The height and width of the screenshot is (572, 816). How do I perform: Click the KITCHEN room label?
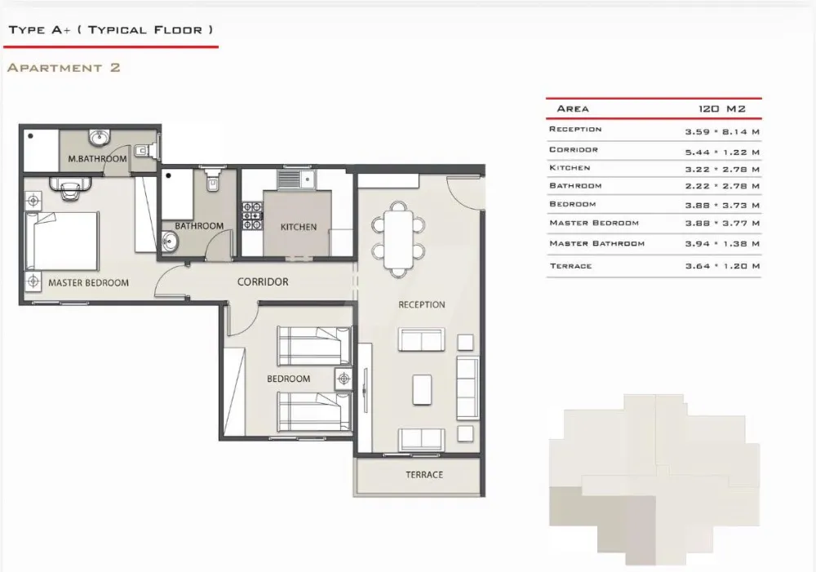(298, 227)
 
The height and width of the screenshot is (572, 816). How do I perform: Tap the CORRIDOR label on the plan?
(263, 282)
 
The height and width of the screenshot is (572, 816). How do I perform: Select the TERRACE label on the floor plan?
(424, 475)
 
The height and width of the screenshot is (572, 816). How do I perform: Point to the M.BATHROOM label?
(97, 159)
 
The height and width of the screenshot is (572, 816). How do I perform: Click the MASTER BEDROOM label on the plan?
(88, 283)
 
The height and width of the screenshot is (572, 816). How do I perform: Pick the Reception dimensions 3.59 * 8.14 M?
(722, 132)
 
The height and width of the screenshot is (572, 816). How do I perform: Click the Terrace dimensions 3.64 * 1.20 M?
(722, 266)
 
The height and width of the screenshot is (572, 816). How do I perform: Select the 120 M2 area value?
(722, 109)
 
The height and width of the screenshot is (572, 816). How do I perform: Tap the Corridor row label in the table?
(574, 149)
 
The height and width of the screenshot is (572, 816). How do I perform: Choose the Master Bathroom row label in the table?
(597, 243)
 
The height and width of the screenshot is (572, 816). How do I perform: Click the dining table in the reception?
(398, 239)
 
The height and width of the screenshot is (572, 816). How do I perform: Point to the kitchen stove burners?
(252, 215)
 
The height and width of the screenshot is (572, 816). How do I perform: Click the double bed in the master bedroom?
(62, 241)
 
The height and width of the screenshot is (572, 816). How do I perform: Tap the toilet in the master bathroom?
(142, 150)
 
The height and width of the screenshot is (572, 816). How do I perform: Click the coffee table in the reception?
(422, 389)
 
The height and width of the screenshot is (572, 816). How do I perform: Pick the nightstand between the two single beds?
(344, 379)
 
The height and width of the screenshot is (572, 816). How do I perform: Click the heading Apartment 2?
(64, 68)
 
